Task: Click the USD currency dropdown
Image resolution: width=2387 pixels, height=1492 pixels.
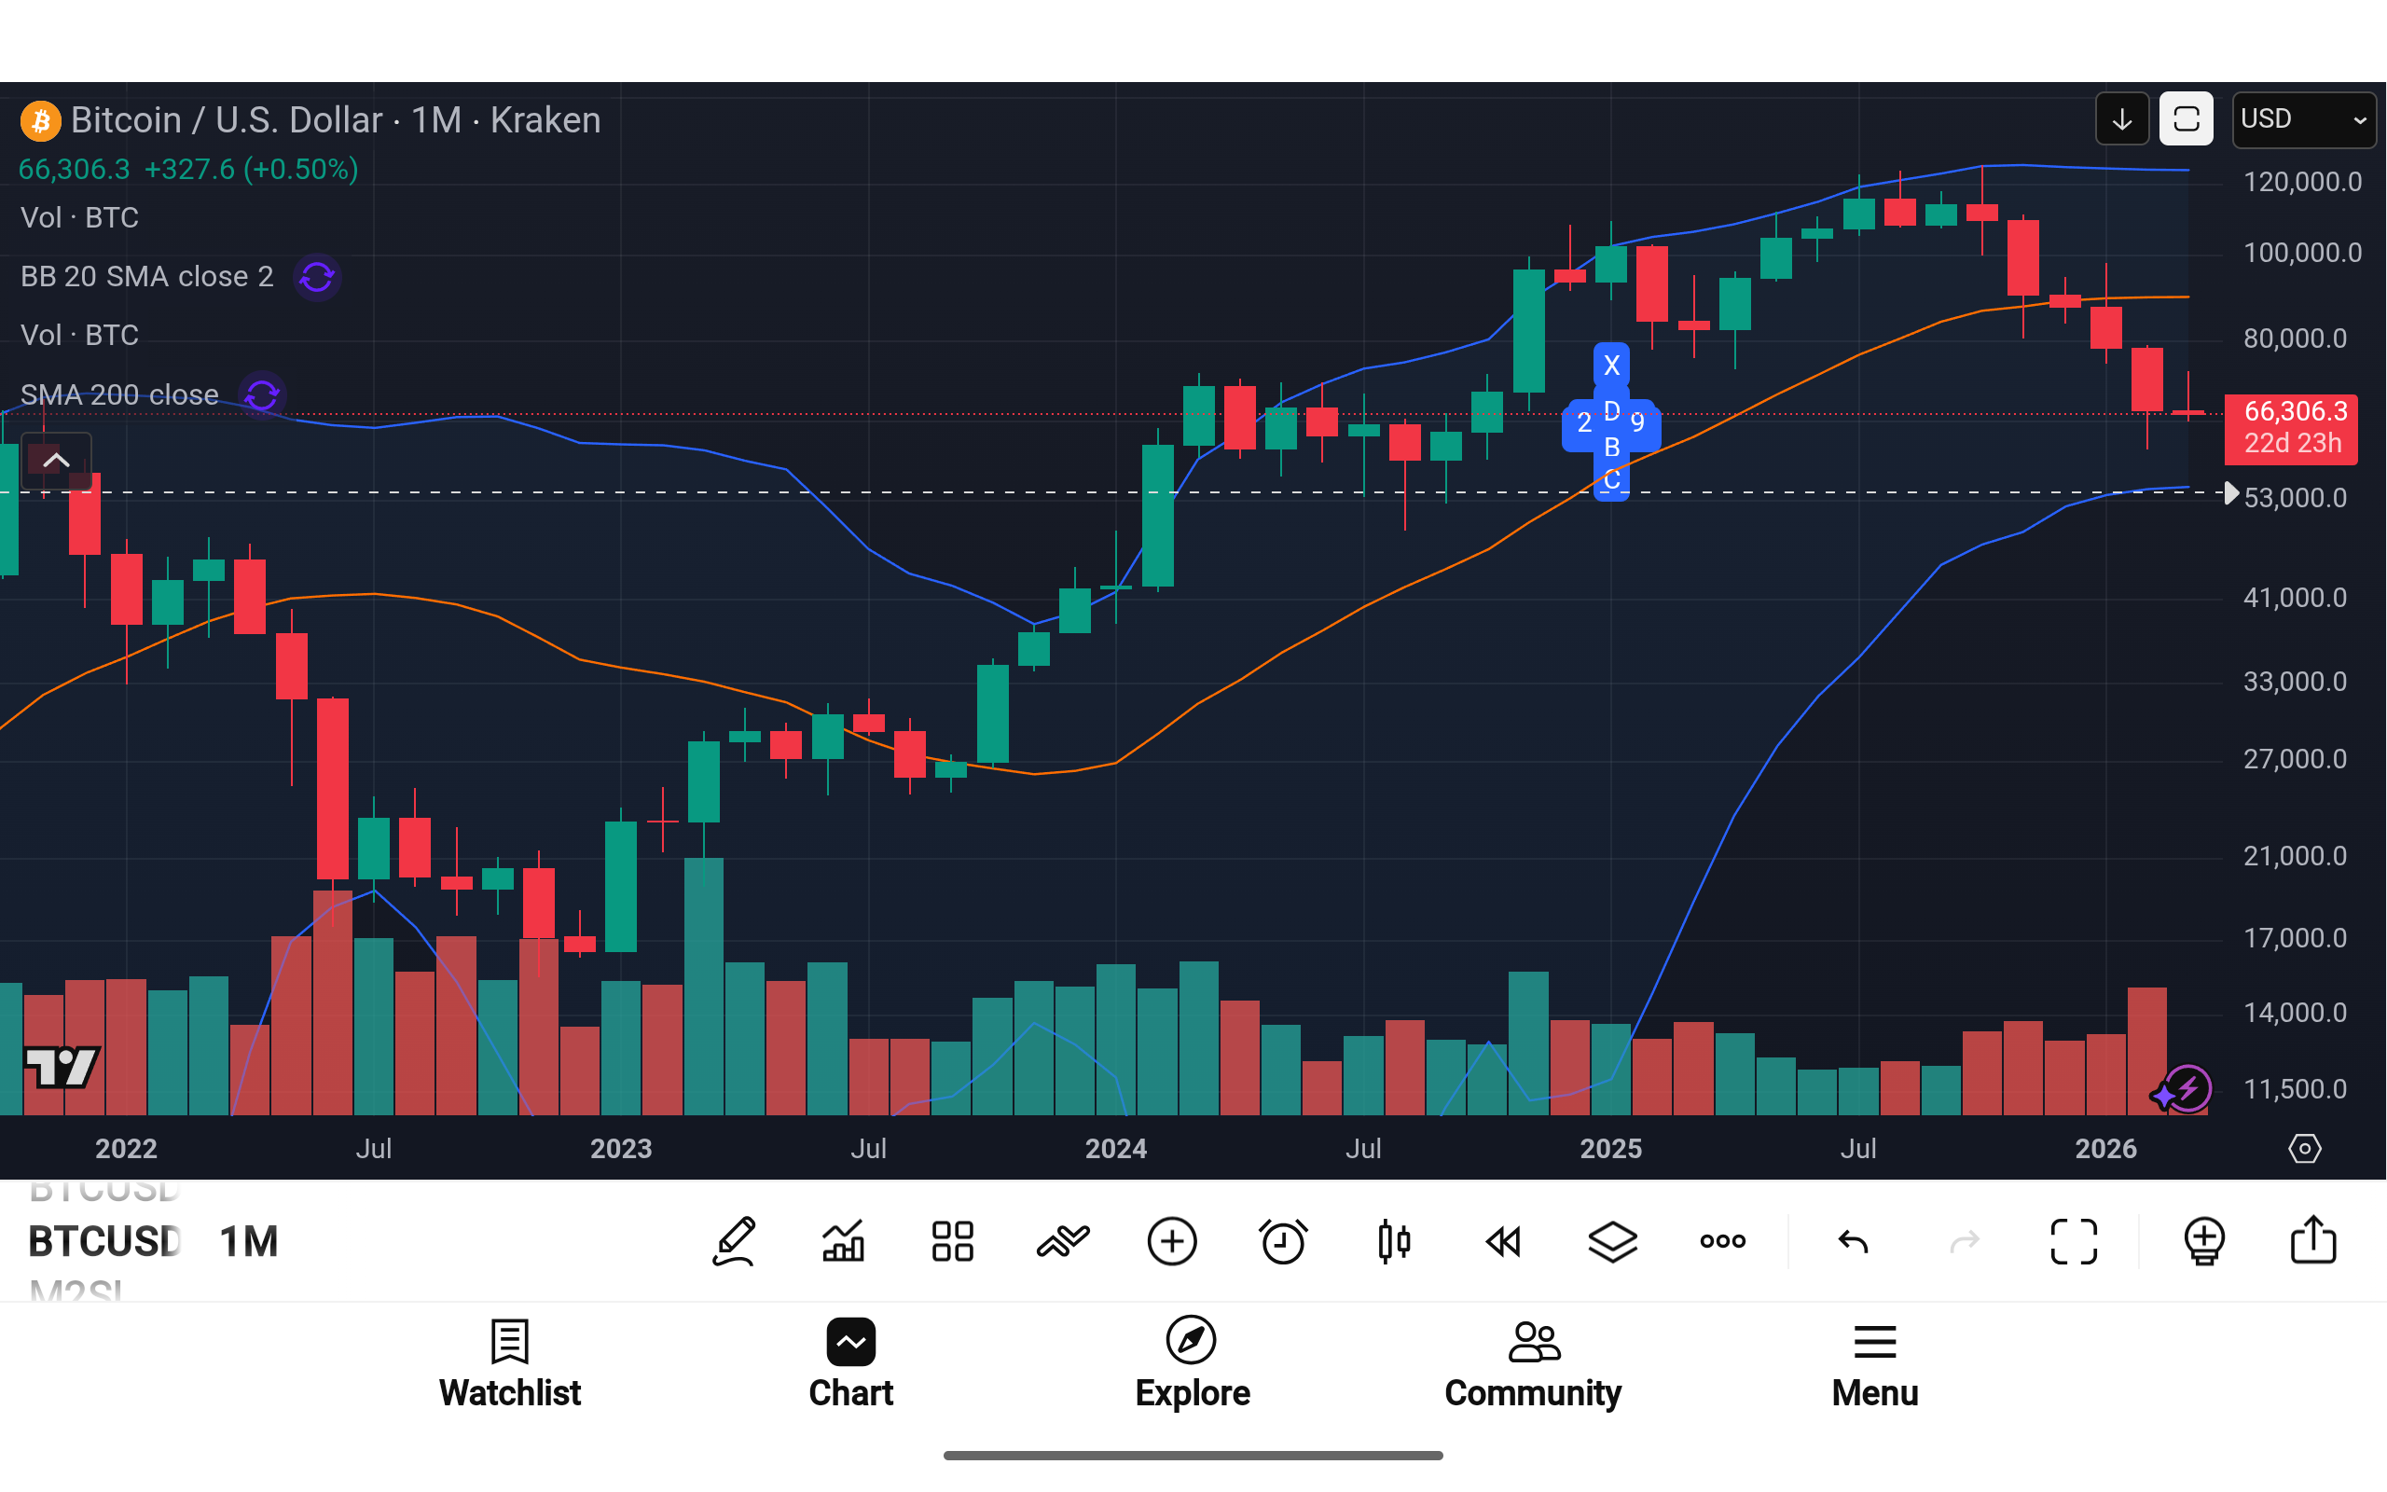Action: (2302, 119)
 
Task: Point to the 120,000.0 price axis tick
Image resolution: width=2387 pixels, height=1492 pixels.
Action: (2301, 182)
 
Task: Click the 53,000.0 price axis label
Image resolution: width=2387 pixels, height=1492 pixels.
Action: (2295, 497)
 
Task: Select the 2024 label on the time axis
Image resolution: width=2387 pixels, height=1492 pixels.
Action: (1115, 1149)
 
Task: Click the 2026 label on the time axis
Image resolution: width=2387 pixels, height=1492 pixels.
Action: (2104, 1149)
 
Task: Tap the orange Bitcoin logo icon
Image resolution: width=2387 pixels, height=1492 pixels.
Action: (40, 120)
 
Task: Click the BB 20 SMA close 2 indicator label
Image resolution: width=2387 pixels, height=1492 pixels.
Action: (147, 276)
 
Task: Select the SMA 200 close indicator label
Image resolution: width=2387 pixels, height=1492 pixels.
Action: (119, 394)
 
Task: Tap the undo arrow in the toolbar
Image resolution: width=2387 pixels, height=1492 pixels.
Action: (1854, 1241)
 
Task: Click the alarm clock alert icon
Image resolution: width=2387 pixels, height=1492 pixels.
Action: (1282, 1241)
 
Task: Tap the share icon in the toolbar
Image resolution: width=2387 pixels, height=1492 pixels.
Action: (2313, 1240)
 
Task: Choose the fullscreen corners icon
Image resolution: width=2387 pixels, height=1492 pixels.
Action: (2074, 1241)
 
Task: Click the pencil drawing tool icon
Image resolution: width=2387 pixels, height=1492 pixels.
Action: (734, 1241)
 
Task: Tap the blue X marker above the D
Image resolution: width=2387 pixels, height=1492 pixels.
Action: (1610, 366)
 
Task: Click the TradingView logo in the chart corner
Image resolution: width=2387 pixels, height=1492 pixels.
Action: (62, 1066)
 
